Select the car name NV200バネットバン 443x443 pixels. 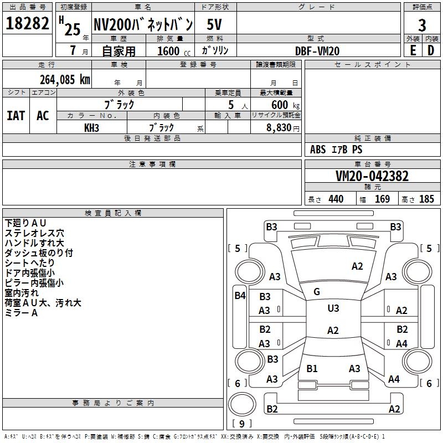click(143, 25)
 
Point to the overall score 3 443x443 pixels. click(422, 25)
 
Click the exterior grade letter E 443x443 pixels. click(413, 50)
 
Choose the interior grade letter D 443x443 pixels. click(431, 50)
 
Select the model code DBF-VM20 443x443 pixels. click(317, 51)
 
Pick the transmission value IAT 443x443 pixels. click(16, 116)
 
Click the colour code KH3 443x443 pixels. click(91, 127)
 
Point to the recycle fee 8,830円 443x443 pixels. click(283, 127)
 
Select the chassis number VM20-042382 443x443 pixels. click(372, 176)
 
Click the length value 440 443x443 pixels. click(336, 199)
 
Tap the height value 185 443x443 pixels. click(427, 199)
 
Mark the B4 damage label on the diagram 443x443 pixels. click(239, 296)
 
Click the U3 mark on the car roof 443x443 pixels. click(333, 308)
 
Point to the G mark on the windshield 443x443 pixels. click(317, 292)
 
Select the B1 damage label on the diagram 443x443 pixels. click(312, 369)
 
